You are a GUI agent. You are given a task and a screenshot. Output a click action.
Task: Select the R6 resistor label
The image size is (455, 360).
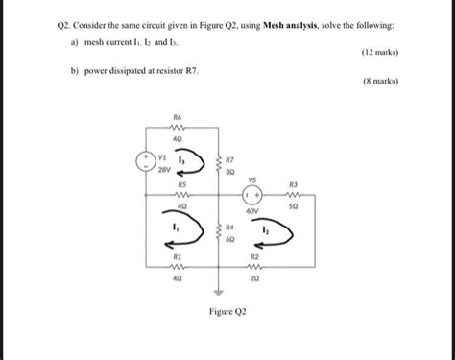176,117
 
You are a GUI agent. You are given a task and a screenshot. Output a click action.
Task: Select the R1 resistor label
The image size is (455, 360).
177,257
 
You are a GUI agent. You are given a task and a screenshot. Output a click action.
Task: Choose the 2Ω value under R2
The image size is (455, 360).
254,278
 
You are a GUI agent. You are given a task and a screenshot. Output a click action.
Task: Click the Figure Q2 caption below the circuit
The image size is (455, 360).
227,312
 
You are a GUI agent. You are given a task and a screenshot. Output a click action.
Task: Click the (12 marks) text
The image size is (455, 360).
379,52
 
